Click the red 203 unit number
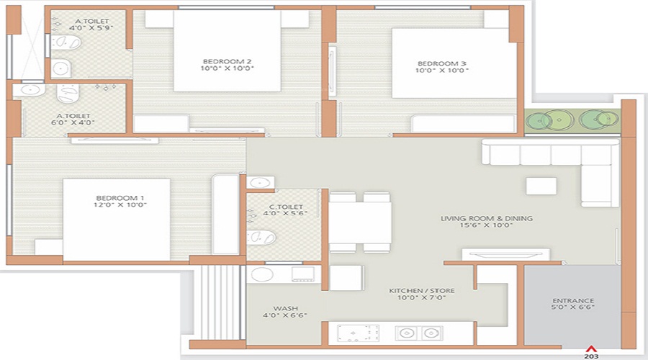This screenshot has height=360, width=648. (592, 355)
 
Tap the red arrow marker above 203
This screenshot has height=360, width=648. (592, 346)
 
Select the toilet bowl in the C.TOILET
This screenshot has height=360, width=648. (262, 236)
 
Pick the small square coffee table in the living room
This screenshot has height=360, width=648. (541, 186)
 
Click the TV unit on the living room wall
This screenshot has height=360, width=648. (506, 253)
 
